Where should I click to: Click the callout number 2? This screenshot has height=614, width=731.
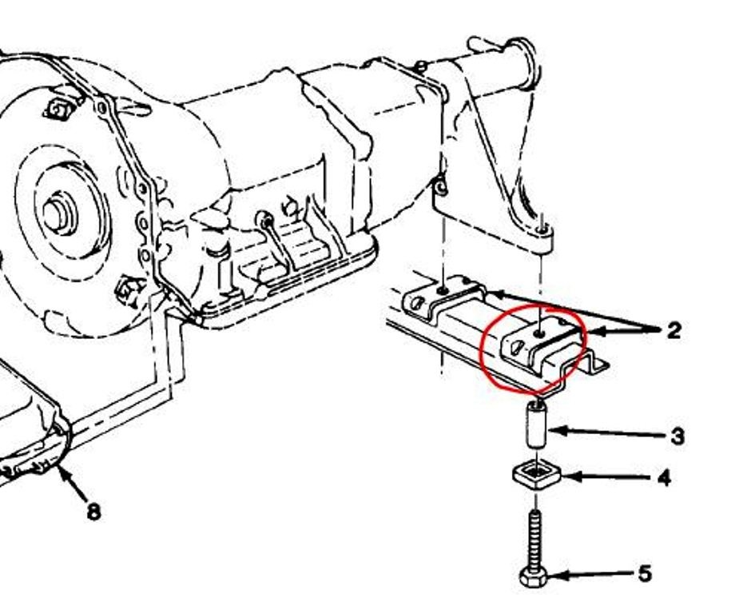point(673,331)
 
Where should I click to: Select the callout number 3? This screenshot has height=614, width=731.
point(677,437)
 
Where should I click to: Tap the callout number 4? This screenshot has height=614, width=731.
point(663,478)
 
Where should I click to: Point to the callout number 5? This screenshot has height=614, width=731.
point(645,574)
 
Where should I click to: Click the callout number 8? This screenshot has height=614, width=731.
point(93,512)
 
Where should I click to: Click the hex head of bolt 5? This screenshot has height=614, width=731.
point(534,577)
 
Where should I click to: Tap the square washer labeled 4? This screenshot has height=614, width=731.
point(537,476)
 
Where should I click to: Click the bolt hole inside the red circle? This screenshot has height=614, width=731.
point(540,333)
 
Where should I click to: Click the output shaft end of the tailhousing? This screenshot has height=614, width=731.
point(522,63)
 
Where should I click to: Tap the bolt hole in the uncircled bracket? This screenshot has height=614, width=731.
point(443,291)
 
